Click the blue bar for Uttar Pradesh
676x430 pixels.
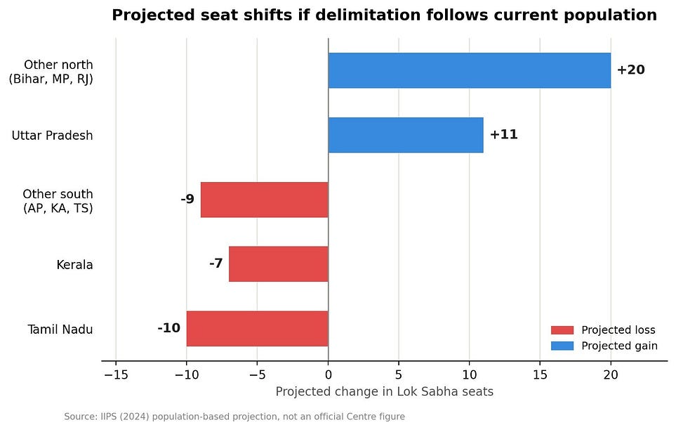406,135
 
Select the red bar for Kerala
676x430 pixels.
279,264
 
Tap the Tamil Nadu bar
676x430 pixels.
258,329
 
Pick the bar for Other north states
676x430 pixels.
470,70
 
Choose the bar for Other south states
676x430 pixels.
265,200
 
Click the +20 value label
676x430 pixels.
631,70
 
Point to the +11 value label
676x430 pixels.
503,134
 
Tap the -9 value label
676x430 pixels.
187,199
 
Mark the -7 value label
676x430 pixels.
216,263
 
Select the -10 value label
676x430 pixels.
169,328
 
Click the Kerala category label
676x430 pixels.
74,265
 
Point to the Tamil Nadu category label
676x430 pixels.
60,330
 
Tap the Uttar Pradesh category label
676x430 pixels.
52,136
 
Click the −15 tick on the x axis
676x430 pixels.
116,374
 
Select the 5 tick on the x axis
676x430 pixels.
399,374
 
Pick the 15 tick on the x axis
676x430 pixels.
540,374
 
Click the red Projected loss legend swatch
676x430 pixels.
562,330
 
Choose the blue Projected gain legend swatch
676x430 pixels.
562,346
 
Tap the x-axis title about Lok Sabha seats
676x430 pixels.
385,391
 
